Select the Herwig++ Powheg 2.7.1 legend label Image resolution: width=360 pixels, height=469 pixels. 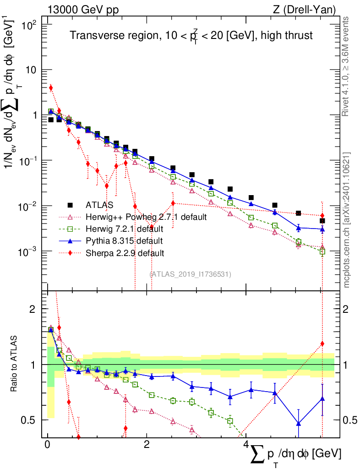tap(146, 217)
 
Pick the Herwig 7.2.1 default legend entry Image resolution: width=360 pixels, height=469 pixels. tap(124, 229)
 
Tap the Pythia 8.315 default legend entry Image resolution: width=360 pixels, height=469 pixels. tap(124, 240)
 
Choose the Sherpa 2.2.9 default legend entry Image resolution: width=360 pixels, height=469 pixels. tap(124, 252)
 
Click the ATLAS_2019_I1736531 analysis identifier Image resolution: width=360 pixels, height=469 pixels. tap(190, 274)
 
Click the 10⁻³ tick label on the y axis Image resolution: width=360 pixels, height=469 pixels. tap(29, 252)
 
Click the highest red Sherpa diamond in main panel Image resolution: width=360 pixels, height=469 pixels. tap(51, 87)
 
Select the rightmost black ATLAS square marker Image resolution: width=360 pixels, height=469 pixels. tap(322, 221)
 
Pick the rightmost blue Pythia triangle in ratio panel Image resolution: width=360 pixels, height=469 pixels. tap(322, 399)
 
